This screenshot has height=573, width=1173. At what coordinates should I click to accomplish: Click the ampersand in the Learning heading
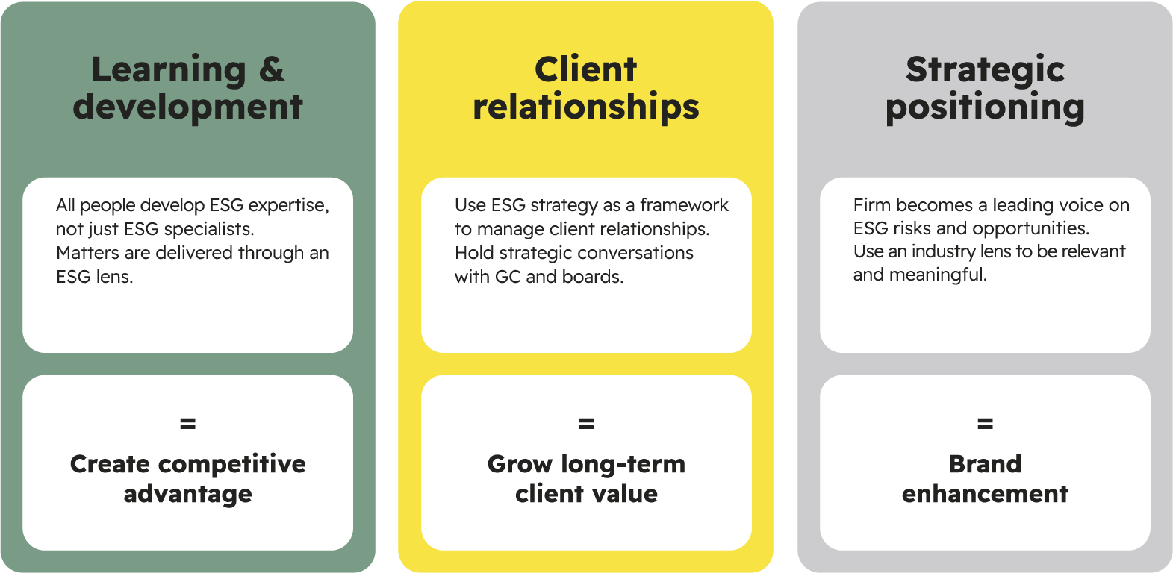(x=272, y=69)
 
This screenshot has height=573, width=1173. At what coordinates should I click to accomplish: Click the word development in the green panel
(x=187, y=107)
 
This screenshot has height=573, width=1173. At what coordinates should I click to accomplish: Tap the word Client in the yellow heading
(x=585, y=69)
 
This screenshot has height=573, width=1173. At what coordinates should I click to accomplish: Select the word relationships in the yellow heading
(x=585, y=107)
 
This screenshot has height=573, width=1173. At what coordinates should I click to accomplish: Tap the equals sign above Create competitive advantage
(x=187, y=423)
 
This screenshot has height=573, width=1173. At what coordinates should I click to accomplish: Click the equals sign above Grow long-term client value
(x=587, y=423)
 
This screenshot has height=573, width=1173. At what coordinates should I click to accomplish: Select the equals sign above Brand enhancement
(x=985, y=423)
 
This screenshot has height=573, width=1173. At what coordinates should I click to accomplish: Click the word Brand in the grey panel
(x=985, y=463)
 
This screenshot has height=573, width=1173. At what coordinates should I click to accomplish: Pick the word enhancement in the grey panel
(x=985, y=493)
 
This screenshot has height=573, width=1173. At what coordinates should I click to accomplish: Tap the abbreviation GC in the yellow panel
(x=508, y=276)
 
